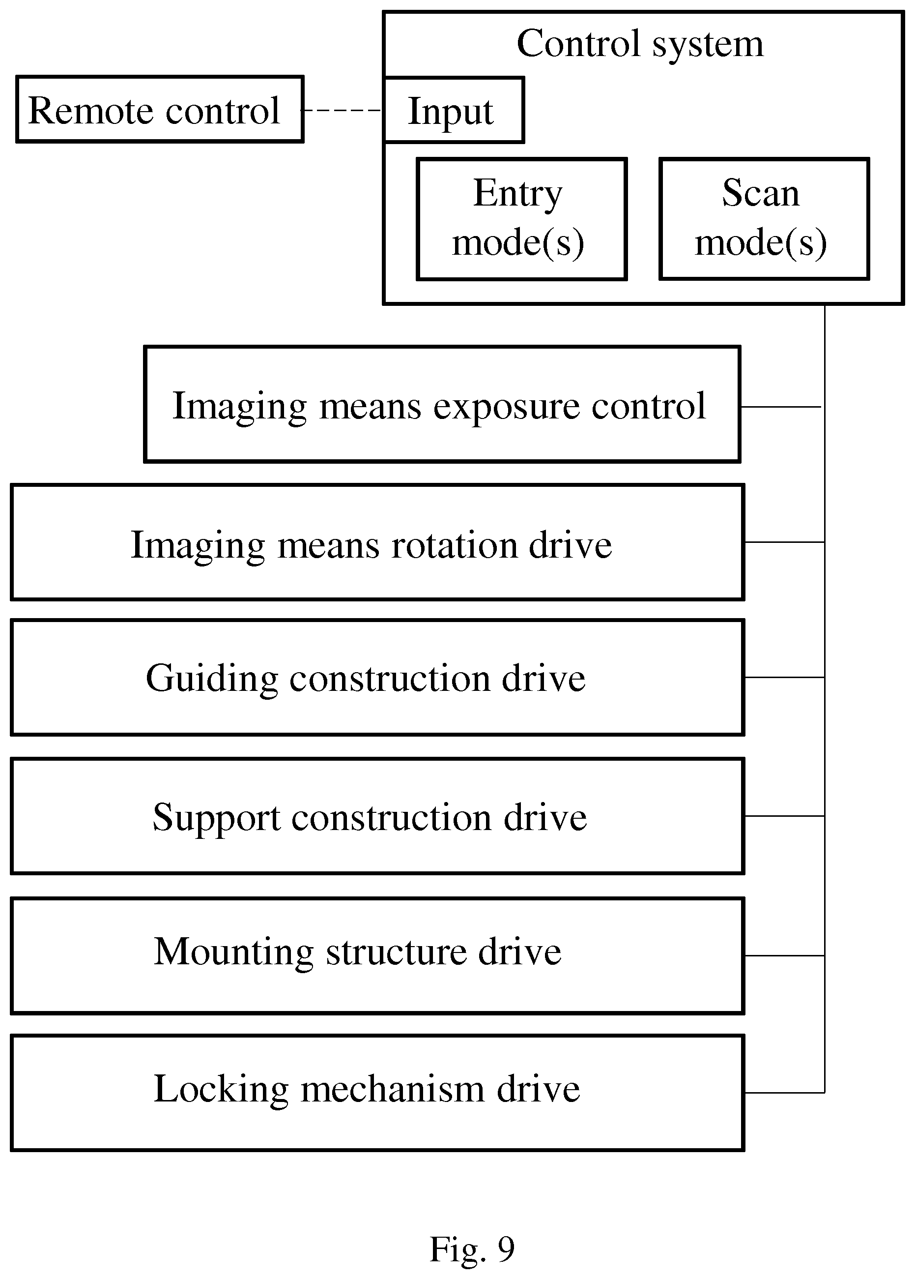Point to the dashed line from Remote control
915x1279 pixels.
(343, 111)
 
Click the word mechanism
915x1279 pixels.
(393, 1089)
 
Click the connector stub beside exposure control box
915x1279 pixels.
(781, 406)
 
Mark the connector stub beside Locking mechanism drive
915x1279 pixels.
(785, 1093)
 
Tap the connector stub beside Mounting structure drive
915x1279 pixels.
(785, 955)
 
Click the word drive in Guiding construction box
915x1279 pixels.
(543, 678)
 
